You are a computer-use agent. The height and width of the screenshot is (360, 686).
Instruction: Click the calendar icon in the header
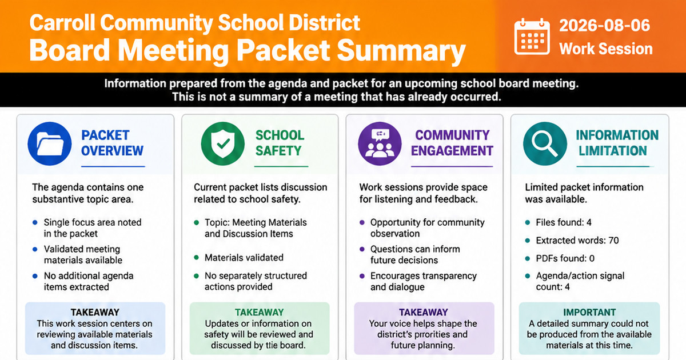pos(532,37)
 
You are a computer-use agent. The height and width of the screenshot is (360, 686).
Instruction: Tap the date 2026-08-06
pos(604,25)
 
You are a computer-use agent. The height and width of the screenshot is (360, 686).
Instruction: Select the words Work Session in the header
pos(606,49)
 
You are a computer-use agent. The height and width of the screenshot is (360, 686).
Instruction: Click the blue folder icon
pos(50,143)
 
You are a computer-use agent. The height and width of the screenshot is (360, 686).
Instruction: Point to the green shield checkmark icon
pos(222,143)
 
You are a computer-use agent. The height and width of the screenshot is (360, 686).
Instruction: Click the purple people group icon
pos(380,143)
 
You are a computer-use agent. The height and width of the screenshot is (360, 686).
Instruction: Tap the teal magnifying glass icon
pos(545,143)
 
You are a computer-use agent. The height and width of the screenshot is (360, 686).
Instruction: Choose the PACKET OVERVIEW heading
pos(113,143)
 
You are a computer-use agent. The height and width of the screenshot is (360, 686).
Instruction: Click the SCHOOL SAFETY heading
pos(280,143)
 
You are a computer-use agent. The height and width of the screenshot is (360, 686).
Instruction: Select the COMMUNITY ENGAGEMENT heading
pos(452,143)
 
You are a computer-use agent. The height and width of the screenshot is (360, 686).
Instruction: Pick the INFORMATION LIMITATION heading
pos(617,143)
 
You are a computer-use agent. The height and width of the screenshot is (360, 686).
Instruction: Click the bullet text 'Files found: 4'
pos(564,222)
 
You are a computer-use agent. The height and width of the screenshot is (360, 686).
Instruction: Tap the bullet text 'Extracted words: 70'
pos(577,241)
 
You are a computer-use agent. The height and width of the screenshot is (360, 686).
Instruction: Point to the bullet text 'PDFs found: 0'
pos(565,258)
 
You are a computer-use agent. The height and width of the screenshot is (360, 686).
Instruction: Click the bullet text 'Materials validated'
pos(244,258)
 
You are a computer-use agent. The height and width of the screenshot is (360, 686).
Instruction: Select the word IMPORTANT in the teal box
pos(589,312)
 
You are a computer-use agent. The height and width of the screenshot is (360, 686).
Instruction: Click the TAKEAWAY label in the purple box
pos(424,312)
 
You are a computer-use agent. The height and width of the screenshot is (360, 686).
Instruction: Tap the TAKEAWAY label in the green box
pos(260,312)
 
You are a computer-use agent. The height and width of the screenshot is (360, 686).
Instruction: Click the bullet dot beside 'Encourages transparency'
pos(362,276)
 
